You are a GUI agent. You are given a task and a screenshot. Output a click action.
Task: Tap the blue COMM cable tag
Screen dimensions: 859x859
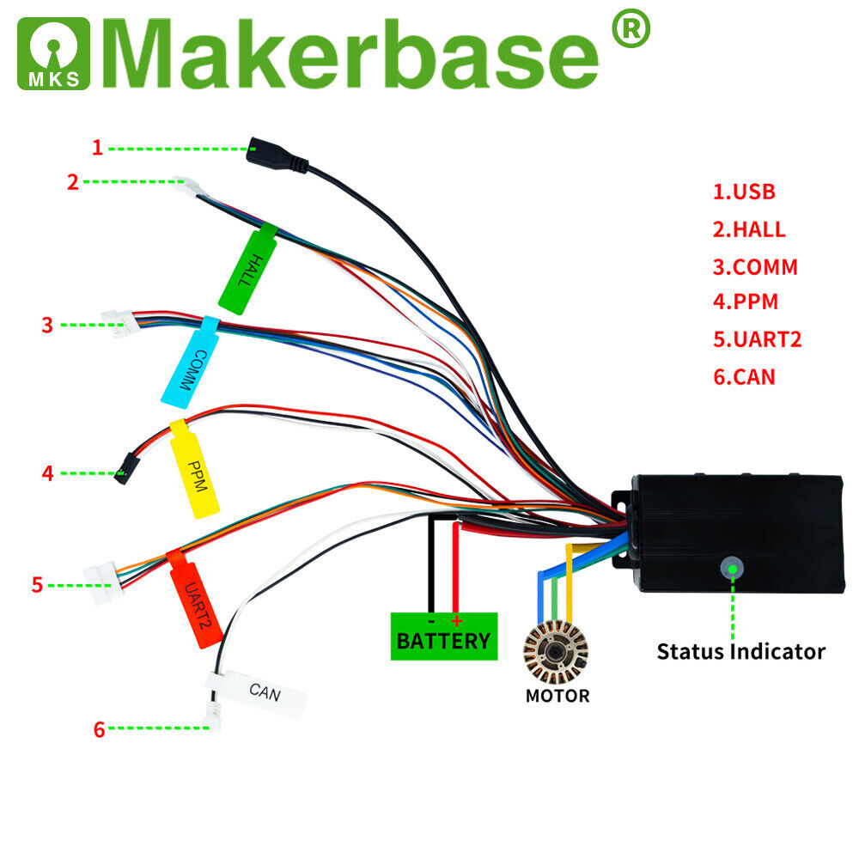pyautogui.click(x=191, y=360)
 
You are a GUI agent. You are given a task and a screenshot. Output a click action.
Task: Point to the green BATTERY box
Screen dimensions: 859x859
pyautogui.click(x=443, y=637)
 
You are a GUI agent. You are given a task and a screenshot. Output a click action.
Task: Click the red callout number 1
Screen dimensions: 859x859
pyautogui.click(x=97, y=148)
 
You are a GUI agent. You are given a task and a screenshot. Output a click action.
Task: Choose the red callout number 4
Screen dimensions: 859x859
pyautogui.click(x=48, y=472)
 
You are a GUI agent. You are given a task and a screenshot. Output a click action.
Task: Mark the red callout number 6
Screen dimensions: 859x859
pyautogui.click(x=99, y=730)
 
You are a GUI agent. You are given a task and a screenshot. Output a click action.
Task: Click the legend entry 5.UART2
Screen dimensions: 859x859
pyautogui.click(x=757, y=339)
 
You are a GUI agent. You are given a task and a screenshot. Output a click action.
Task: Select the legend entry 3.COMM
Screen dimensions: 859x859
pyautogui.click(x=755, y=267)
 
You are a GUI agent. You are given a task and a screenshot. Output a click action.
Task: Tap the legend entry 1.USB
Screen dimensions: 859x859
pyautogui.click(x=744, y=192)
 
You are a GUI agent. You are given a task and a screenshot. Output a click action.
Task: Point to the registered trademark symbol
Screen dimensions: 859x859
pyautogui.click(x=630, y=28)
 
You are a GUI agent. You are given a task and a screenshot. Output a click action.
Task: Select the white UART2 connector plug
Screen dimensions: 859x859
pyautogui.click(x=103, y=583)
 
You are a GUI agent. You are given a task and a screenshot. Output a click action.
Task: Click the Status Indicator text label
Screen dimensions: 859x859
pyautogui.click(x=740, y=651)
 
